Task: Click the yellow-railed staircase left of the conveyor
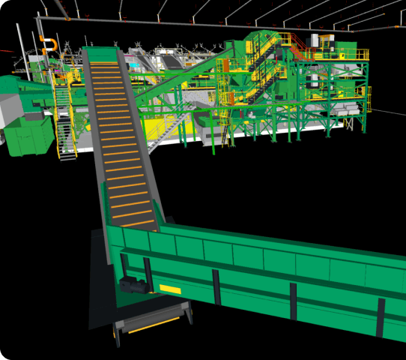(x=64, y=120)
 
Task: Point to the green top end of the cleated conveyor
(x=99, y=53)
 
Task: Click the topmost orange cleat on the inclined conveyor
(x=101, y=64)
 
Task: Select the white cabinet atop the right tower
(x=328, y=42)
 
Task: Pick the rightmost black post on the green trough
(x=381, y=316)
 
